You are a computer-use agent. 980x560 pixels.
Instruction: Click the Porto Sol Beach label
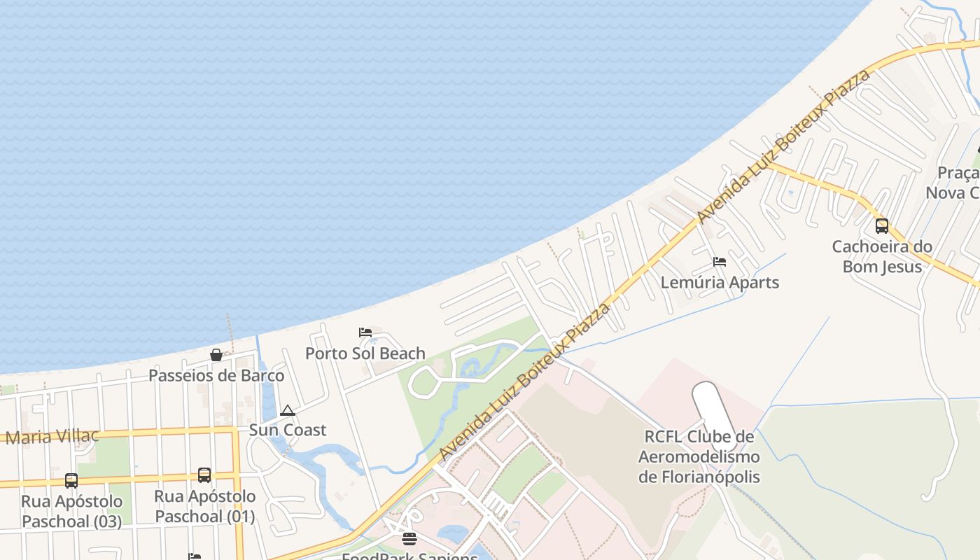pos(365,353)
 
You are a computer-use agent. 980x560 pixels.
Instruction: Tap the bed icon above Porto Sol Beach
pos(365,332)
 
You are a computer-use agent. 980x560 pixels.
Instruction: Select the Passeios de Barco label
pos(216,376)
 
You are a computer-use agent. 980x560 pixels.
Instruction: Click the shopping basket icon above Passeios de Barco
pos(216,355)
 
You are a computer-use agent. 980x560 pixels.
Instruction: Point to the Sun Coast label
pos(288,430)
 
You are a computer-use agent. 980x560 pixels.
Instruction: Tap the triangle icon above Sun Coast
pos(287,410)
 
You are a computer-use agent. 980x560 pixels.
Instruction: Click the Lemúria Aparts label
pos(720,283)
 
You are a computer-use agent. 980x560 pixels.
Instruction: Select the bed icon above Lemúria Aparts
pos(720,262)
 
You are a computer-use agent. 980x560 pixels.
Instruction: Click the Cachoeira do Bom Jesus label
pos(882,256)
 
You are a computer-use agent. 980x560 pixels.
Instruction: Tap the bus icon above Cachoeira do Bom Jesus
pos(882,226)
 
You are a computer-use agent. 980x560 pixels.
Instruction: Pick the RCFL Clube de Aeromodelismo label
pos(699,457)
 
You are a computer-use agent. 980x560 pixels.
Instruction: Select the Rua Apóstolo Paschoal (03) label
pos(71,512)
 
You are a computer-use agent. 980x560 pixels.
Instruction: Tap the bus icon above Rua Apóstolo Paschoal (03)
pos(71,481)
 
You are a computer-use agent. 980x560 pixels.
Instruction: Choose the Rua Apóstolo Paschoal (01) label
pos(204,506)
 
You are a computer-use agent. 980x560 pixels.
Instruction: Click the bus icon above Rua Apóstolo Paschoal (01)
pos(204,475)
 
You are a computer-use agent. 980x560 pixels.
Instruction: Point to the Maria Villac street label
pos(52,437)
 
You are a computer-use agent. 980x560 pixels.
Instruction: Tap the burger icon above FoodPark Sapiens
pos(409,538)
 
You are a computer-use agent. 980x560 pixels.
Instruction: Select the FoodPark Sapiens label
pos(409,556)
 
